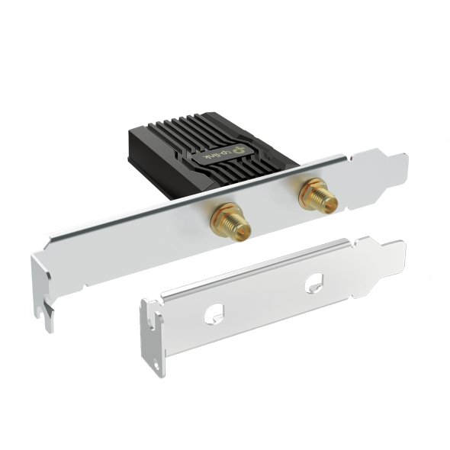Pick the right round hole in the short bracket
point(312,285)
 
